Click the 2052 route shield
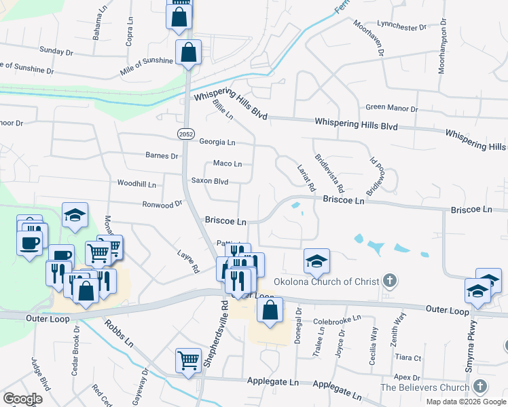click(x=185, y=134)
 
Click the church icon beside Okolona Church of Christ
click(x=389, y=279)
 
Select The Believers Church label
click(x=425, y=387)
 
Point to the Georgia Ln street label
click(x=217, y=142)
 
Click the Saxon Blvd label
click(x=209, y=181)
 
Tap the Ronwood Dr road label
click(x=162, y=203)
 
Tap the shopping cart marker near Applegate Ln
click(x=189, y=360)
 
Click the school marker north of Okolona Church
click(x=315, y=260)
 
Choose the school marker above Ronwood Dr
click(x=75, y=215)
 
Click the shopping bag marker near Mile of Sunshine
click(x=188, y=52)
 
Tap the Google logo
click(x=22, y=399)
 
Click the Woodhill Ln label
click(x=137, y=184)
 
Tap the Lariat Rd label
click(x=307, y=176)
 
